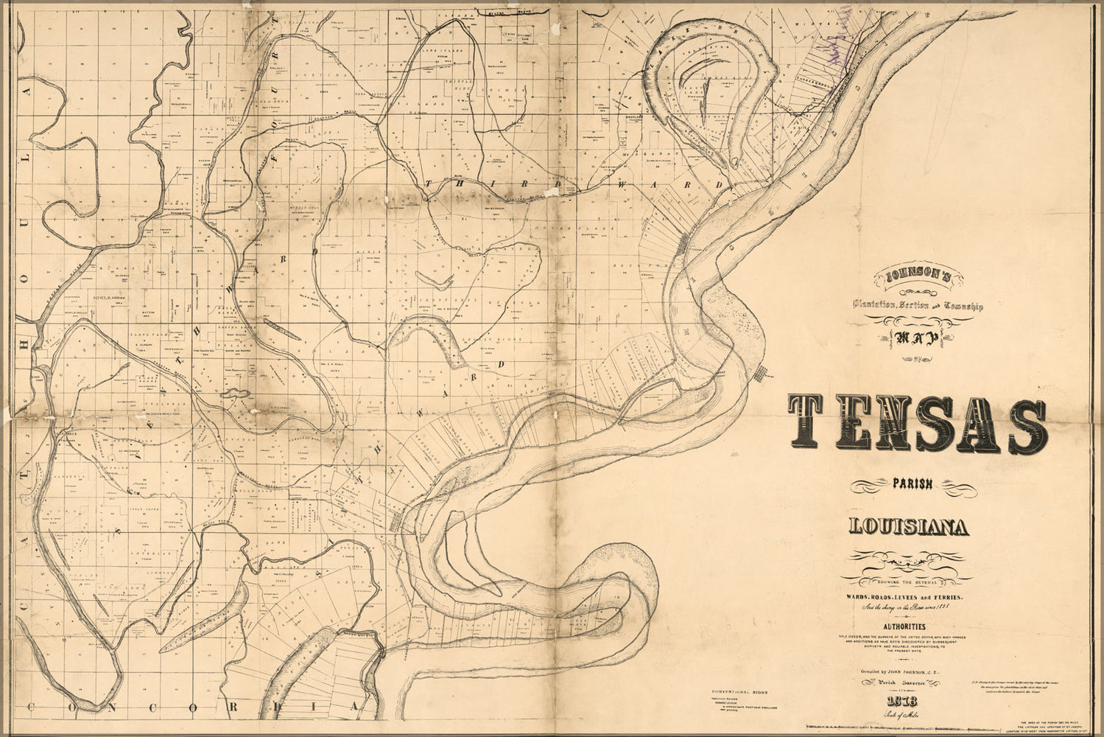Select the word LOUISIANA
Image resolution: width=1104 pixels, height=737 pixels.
(x=909, y=527)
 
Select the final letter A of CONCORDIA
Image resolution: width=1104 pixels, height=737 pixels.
(x=354, y=708)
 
